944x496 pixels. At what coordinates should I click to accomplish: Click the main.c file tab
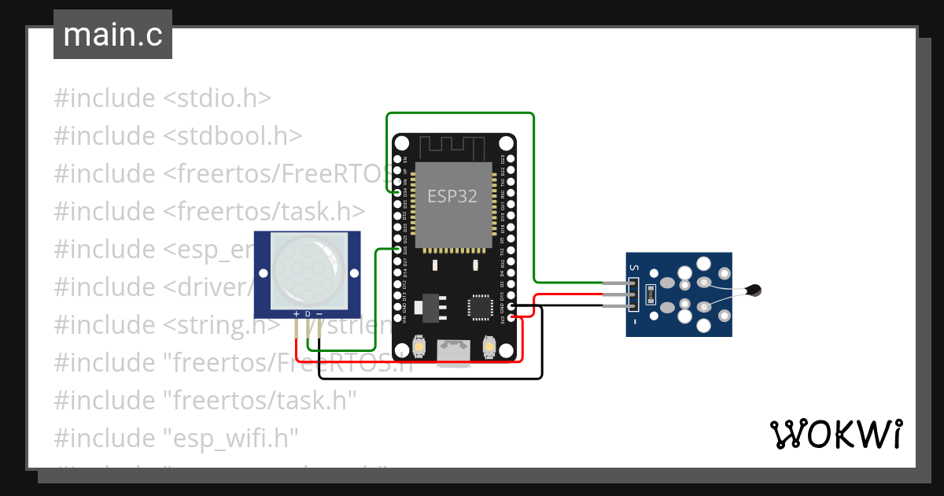112,35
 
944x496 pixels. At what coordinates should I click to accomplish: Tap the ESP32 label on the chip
452,197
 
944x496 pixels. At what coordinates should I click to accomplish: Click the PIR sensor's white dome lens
307,270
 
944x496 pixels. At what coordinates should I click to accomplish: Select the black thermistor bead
754,291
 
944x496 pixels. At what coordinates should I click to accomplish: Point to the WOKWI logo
835,435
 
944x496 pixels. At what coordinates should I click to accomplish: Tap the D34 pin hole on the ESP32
396,191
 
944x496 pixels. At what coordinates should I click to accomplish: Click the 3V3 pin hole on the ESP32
512,318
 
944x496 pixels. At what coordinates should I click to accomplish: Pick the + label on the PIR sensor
297,314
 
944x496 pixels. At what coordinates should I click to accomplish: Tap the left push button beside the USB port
419,347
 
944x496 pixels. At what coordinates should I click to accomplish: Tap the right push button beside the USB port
489,347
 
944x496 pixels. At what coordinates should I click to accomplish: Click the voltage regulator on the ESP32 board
430,305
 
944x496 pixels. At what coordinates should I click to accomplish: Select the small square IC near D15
479,306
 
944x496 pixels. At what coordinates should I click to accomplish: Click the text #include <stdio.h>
163,98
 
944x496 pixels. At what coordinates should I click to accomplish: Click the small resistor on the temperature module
649,294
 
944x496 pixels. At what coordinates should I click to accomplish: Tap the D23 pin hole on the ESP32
512,159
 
